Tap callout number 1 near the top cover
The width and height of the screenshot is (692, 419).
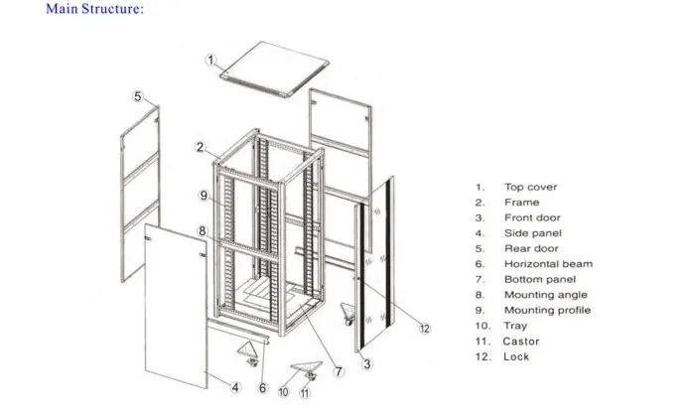[x=211, y=61]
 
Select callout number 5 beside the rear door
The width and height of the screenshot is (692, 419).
[x=138, y=96]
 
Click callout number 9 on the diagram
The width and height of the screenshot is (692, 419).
[x=203, y=196]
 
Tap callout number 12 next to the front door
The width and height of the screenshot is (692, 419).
[x=424, y=328]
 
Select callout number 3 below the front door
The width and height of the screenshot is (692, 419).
[x=366, y=364]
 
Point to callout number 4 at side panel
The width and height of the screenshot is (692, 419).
[x=235, y=386]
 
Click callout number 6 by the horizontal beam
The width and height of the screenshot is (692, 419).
[x=262, y=388]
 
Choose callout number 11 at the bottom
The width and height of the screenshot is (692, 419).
[x=306, y=392]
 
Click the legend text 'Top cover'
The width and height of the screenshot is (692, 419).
[x=530, y=187]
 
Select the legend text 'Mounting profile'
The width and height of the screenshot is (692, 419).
[x=547, y=310]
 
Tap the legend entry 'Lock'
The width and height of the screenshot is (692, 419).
[x=516, y=356]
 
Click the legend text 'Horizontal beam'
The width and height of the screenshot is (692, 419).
[x=548, y=264]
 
